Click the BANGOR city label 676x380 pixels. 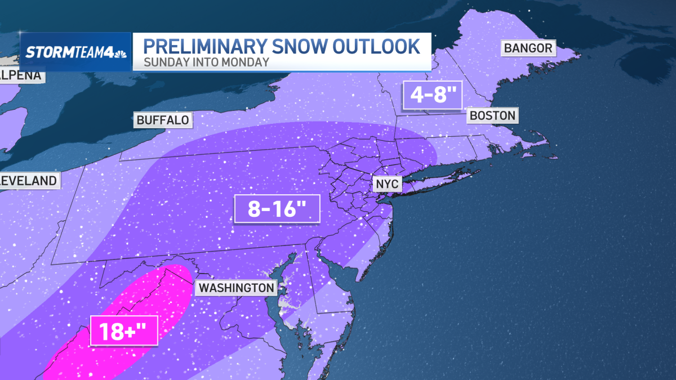coord(528,48)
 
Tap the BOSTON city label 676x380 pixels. coord(492,116)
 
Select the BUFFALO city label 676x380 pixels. coord(162,119)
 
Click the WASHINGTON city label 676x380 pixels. coord(236,288)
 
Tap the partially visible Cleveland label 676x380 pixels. coord(28,181)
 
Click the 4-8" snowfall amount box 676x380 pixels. coord(432,94)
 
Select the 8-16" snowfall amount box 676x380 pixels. coord(277,210)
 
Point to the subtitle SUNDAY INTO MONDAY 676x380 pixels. coord(206,62)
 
